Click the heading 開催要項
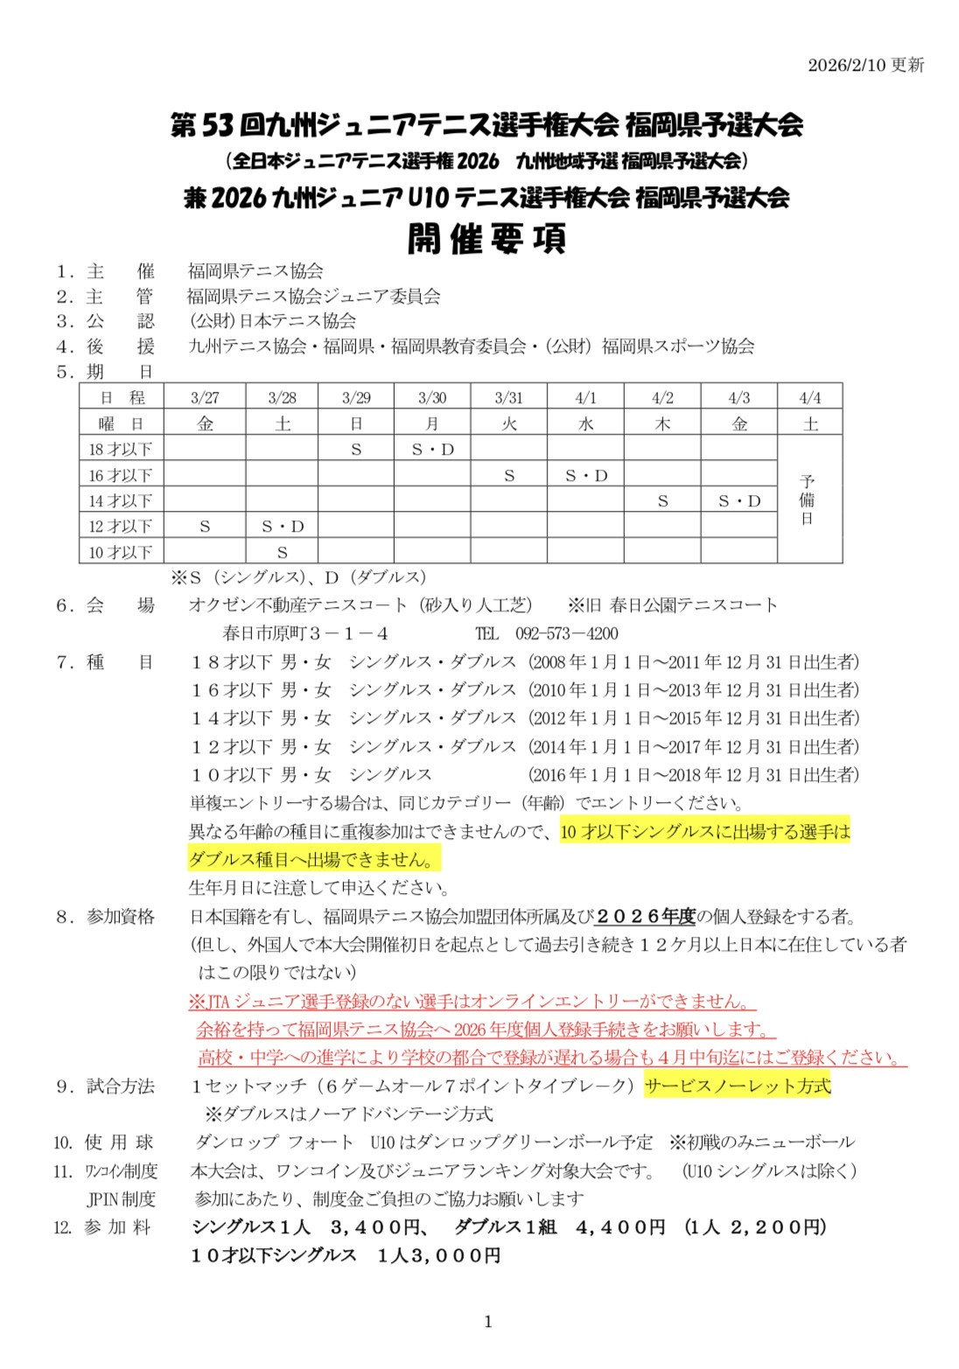pyautogui.click(x=486, y=239)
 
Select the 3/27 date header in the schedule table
pyautogui.click(x=205, y=398)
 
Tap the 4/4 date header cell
pyautogui.click(x=810, y=398)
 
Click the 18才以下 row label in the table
pyautogui.click(x=121, y=450)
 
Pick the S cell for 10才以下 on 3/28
pyautogui.click(x=282, y=553)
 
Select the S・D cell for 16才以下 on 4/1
pyautogui.click(x=585, y=476)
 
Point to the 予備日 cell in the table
pyautogui.click(x=808, y=499)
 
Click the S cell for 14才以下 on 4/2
pyautogui.click(x=662, y=501)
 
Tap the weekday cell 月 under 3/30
pyautogui.click(x=432, y=424)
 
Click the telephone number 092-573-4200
pyautogui.click(x=566, y=633)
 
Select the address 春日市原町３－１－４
pyautogui.click(x=305, y=633)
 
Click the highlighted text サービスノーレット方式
pyautogui.click(x=737, y=1086)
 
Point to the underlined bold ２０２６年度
pyautogui.click(x=645, y=917)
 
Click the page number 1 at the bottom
pyautogui.click(x=487, y=1322)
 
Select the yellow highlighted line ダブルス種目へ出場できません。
pyautogui.click(x=315, y=859)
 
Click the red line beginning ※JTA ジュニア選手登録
pyautogui.click(x=472, y=1002)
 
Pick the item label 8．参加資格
pyautogui.click(x=105, y=917)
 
